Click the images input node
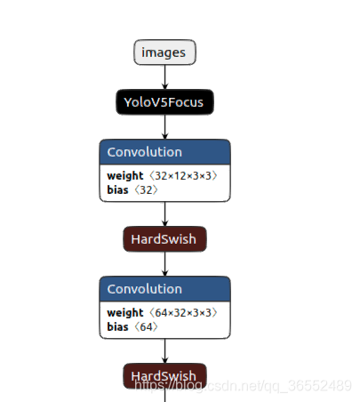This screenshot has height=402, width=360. click(x=164, y=52)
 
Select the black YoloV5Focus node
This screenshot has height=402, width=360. click(x=164, y=102)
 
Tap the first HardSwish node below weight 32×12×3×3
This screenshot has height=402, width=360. click(x=164, y=239)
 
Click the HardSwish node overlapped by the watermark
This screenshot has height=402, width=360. click(x=164, y=376)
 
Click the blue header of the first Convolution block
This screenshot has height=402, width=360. click(x=164, y=152)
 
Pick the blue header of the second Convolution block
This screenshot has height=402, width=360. click(x=164, y=289)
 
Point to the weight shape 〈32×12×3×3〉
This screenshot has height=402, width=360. click(x=183, y=175)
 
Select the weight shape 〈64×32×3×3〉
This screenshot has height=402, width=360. click(x=183, y=312)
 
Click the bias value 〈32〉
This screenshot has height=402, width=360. click(x=146, y=189)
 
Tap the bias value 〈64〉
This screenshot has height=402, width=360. click(x=146, y=326)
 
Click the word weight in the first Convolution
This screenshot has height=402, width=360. click(x=125, y=176)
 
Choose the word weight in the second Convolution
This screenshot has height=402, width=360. click(x=125, y=313)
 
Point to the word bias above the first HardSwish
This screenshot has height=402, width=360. click(x=117, y=189)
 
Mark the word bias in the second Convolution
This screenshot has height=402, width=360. click(x=117, y=326)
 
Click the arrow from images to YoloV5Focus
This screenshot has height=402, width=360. click(x=164, y=77)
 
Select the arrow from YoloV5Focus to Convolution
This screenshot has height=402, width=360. click(x=164, y=127)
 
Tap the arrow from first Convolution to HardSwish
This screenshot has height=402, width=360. click(x=164, y=214)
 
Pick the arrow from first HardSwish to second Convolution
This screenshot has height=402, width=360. click(x=164, y=264)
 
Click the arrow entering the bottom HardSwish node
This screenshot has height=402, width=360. click(x=164, y=351)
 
